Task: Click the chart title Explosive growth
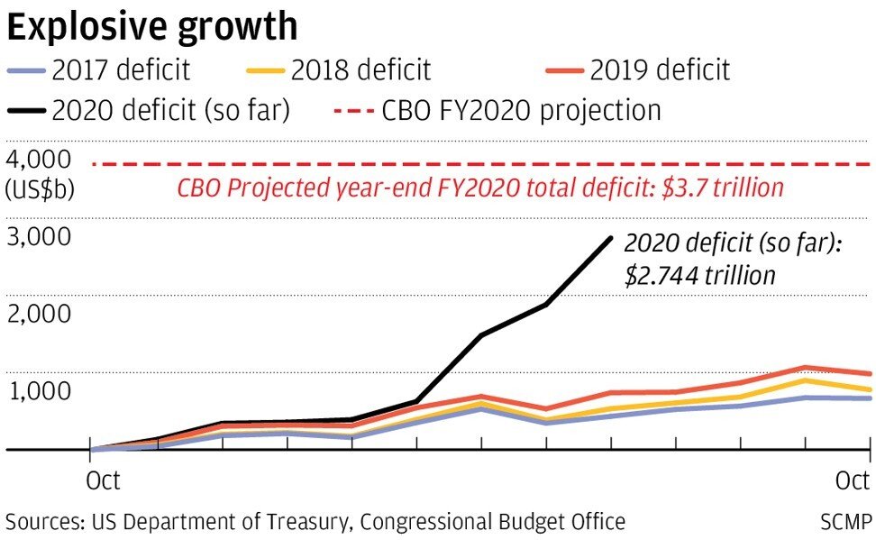(x=151, y=27)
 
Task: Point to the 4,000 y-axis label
(x=38, y=160)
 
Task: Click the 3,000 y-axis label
(x=38, y=237)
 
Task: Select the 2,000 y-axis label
(x=38, y=314)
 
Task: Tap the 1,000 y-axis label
(x=38, y=391)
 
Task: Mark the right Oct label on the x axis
(x=852, y=481)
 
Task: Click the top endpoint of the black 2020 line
(x=611, y=238)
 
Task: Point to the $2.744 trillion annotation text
(x=700, y=275)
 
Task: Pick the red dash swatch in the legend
(x=349, y=111)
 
